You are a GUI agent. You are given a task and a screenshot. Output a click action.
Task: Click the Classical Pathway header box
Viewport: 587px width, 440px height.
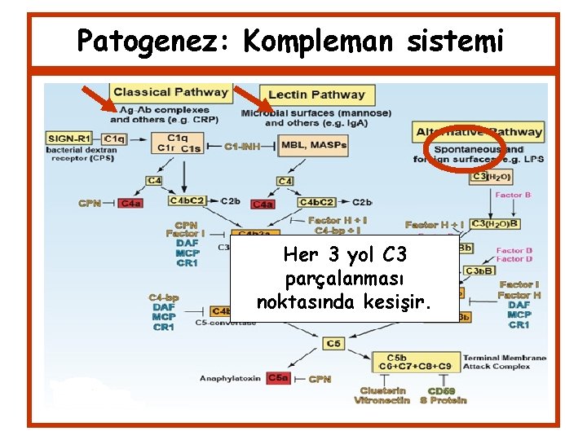(x=171, y=92)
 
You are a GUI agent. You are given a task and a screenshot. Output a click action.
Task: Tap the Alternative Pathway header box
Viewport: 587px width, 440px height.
(x=479, y=132)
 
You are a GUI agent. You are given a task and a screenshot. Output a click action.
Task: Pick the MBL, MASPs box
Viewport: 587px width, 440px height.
(x=313, y=146)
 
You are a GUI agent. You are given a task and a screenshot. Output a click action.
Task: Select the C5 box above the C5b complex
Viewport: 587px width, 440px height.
(x=333, y=343)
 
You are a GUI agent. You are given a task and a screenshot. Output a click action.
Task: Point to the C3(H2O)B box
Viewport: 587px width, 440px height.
(x=495, y=224)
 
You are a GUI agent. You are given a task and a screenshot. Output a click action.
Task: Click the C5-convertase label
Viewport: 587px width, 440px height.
(x=226, y=322)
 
